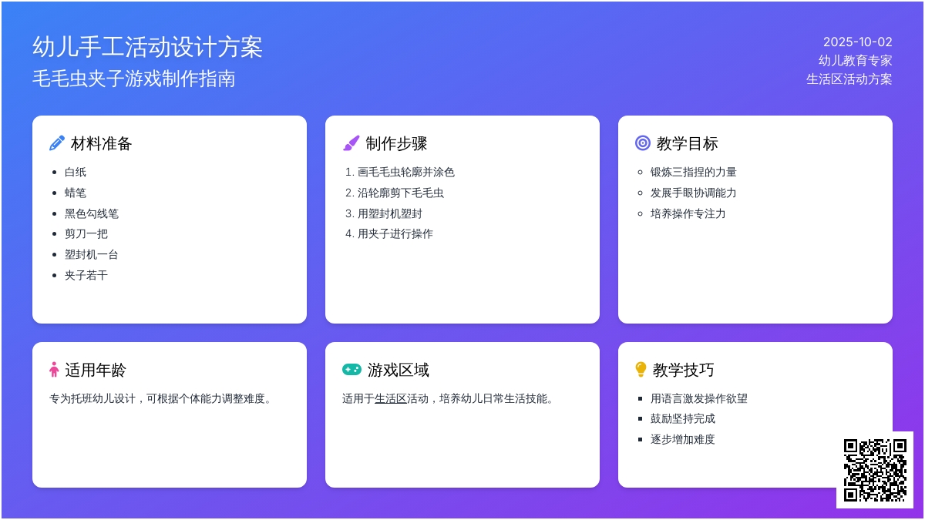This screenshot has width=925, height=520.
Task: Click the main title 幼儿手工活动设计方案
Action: pyautogui.click(x=147, y=47)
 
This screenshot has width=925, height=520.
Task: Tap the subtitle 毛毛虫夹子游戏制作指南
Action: pyautogui.click(x=134, y=79)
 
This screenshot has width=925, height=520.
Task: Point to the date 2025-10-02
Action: pyautogui.click(x=858, y=42)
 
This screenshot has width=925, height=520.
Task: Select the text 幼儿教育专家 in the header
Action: pyautogui.click(x=855, y=60)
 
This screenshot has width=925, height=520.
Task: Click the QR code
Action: pyautogui.click(x=875, y=470)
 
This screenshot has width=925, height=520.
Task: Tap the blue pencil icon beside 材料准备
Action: pyautogui.click(x=56, y=143)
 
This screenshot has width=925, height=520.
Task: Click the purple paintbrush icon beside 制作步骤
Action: pyautogui.click(x=351, y=143)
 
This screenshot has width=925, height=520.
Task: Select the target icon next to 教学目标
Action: pyautogui.click(x=643, y=143)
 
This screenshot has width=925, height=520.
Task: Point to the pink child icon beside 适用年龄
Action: pyautogui.click(x=54, y=369)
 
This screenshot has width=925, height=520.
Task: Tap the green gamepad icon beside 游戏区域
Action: pyautogui.click(x=351, y=369)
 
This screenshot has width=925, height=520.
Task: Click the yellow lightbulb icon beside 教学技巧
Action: pyautogui.click(x=641, y=369)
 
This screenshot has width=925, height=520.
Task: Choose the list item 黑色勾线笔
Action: pyautogui.click(x=92, y=214)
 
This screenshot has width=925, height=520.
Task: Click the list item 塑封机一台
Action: pyautogui.click(x=91, y=255)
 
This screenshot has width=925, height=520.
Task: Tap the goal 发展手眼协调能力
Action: pyautogui.click(x=693, y=193)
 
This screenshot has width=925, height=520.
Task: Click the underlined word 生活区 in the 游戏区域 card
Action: pyautogui.click(x=391, y=399)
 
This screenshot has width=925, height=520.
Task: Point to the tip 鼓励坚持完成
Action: pyautogui.click(x=683, y=419)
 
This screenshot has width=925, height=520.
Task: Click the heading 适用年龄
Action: pyautogui.click(x=96, y=370)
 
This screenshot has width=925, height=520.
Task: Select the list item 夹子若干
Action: pyautogui.click(x=86, y=275)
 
